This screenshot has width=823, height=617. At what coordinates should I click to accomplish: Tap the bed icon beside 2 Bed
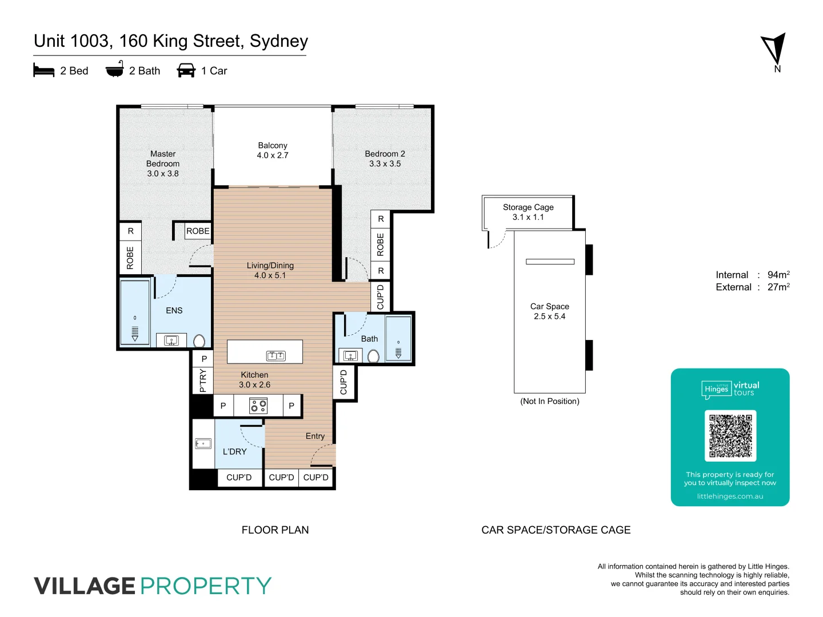(x=43, y=71)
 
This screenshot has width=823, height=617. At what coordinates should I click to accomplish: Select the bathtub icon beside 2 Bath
(x=114, y=69)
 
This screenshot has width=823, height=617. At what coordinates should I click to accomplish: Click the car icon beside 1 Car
(x=186, y=71)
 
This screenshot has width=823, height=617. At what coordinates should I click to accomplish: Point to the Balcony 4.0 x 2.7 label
(x=273, y=150)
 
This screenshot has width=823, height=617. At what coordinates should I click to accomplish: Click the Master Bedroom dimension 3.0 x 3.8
(x=163, y=174)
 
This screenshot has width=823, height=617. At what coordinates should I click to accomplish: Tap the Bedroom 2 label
(x=385, y=154)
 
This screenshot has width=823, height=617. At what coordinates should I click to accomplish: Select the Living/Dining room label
(x=270, y=266)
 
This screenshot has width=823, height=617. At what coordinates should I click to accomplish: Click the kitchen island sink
(x=276, y=356)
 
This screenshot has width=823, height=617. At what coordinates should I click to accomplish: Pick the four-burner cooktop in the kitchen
(x=258, y=406)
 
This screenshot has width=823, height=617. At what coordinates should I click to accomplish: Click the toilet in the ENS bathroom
(x=199, y=341)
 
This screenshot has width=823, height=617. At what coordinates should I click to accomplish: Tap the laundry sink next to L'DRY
(x=203, y=443)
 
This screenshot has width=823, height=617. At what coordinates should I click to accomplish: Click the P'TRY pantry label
(x=203, y=380)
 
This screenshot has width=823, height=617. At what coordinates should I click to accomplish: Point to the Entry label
(x=315, y=436)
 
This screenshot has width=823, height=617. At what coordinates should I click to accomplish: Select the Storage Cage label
(x=528, y=207)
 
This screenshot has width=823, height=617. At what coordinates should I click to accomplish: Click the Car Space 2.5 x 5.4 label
(x=549, y=311)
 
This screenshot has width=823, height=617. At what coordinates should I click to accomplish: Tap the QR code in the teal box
(x=730, y=435)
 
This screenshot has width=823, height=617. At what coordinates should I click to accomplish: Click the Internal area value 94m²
(x=778, y=275)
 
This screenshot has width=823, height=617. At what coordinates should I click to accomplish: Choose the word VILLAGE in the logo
(x=85, y=586)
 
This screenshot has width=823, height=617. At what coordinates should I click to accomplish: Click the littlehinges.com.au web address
(x=730, y=496)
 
